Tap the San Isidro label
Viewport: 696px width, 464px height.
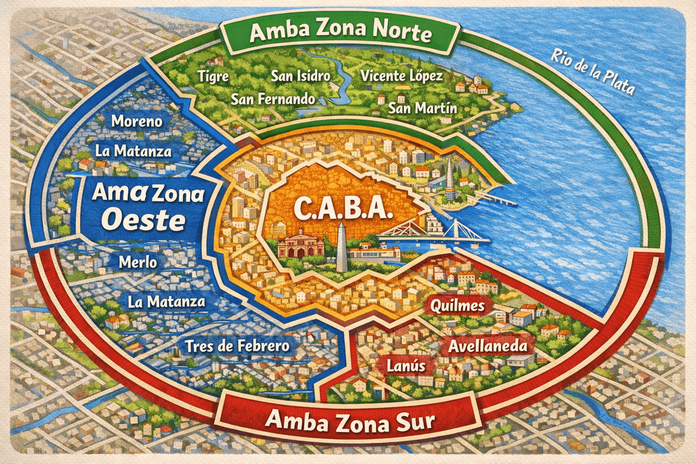click(x=300, y=76)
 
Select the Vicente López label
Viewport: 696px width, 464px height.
click(x=401, y=76)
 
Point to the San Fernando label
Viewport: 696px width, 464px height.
click(x=273, y=99)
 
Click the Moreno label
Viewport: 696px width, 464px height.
click(x=137, y=122)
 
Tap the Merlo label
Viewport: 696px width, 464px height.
click(x=137, y=262)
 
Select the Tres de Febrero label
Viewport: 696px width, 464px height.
click(x=238, y=346)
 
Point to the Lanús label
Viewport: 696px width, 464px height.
click(x=398, y=366)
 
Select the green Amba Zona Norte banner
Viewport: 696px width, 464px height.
click(x=340, y=34)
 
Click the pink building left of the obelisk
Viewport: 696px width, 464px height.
click(x=300, y=244)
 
